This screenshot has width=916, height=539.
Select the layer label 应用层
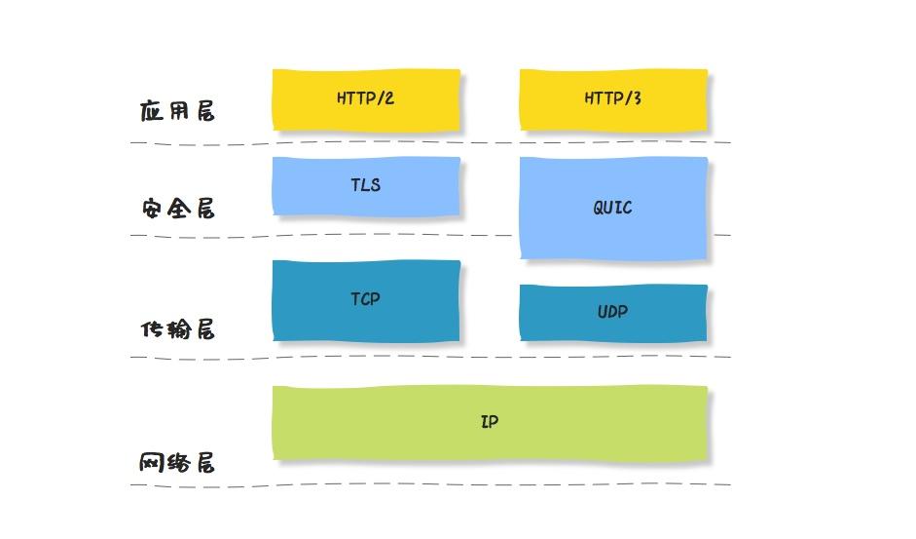pos(177,111)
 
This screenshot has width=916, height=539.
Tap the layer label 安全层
pos(177,209)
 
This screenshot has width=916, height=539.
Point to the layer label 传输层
pos(177,329)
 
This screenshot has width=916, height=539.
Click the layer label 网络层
pos(177,463)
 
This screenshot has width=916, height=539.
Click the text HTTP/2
pos(366,98)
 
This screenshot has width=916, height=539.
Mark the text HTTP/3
pos(613,98)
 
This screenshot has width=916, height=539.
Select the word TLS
pos(366,184)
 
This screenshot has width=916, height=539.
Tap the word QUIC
pos(613,208)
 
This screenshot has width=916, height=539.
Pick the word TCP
pos(366,299)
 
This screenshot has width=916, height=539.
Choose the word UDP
pos(613,312)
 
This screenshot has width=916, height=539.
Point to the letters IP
pos(490,422)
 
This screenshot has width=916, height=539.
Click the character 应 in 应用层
pos(152,111)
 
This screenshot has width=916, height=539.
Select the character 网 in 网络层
pos(152,463)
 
